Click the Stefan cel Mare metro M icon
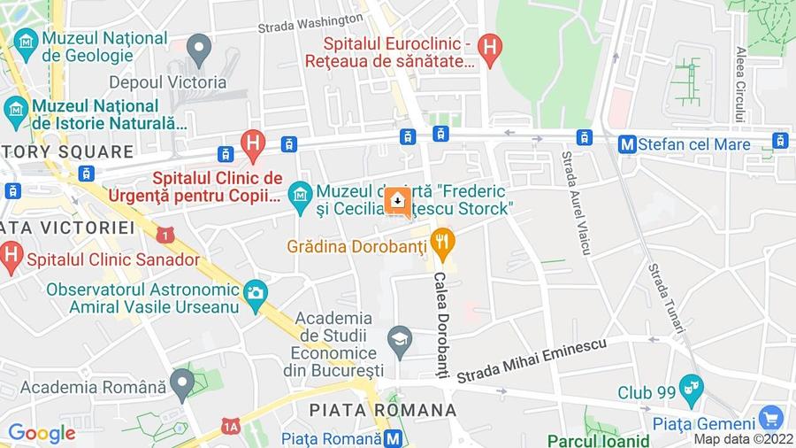[x=627, y=143]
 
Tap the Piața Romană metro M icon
[x=394, y=437]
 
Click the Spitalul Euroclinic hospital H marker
[x=489, y=45]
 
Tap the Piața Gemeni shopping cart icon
[x=771, y=417]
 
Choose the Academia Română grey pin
[x=182, y=383]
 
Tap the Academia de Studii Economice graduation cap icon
[x=401, y=341]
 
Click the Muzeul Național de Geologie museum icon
[x=25, y=41]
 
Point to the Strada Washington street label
[x=310, y=22]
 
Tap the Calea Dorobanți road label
[x=440, y=323]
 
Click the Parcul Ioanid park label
[x=597, y=440]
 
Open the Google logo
[x=42, y=433]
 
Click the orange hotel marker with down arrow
[x=397, y=202]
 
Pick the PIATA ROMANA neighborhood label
[x=383, y=410]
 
